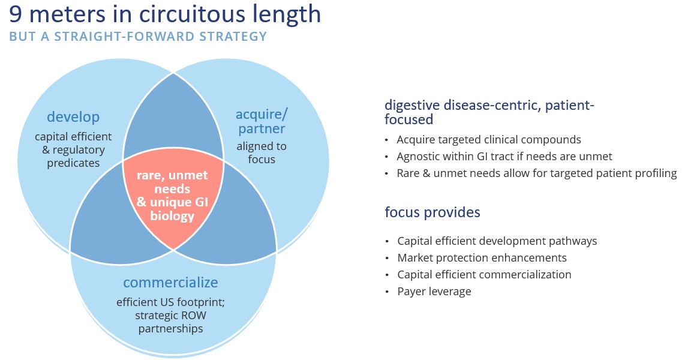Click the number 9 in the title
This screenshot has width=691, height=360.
16,14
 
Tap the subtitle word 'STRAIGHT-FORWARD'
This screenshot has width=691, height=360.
124,36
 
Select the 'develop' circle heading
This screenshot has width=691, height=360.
73,117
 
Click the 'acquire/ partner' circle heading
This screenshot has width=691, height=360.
262,121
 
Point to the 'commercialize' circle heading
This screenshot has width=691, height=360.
170,283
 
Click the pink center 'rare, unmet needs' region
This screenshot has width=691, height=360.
173,196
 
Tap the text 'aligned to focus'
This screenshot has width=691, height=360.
262,152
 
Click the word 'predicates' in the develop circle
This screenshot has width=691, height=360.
73,163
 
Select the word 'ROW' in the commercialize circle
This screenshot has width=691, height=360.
195,316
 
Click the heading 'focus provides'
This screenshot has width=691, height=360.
432,212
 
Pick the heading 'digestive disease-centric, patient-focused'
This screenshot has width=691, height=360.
489,112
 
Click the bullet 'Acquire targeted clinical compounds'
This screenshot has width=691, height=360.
489,140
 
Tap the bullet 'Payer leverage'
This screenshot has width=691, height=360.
434,292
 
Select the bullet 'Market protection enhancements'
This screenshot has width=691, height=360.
482,258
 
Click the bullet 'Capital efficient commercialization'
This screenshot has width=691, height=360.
484,275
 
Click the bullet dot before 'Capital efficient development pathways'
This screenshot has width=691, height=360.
387,241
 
